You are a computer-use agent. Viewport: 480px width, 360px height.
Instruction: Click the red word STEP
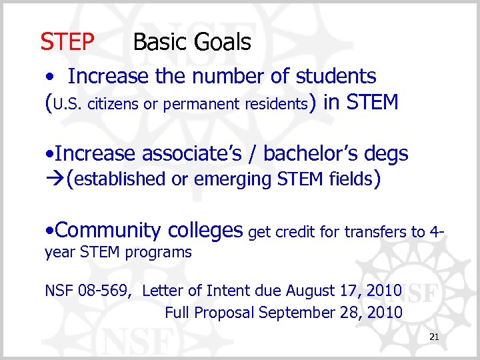[x=67, y=43]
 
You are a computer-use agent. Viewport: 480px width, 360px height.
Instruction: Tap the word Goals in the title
[x=223, y=43]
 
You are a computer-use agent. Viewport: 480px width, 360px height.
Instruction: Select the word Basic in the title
[x=161, y=43]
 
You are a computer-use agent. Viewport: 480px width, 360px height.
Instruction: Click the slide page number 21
[x=434, y=338]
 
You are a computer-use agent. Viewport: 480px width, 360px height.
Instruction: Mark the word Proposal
[x=225, y=312]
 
